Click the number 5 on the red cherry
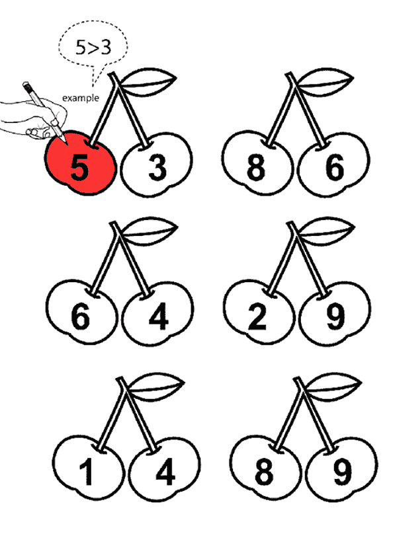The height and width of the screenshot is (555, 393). [x=79, y=167]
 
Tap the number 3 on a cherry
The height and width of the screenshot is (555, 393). [x=157, y=167]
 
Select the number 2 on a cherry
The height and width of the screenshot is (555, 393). [x=257, y=317]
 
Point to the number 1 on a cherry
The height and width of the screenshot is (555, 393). [x=87, y=472]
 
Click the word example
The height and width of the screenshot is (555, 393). [x=81, y=98]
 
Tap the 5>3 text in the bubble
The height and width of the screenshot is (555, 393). [x=93, y=47]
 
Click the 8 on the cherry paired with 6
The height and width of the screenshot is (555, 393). [x=256, y=167]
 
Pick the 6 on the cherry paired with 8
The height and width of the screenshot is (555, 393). [x=335, y=167]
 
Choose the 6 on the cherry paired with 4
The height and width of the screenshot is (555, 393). [x=80, y=317]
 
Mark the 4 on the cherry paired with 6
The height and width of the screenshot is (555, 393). [x=158, y=317]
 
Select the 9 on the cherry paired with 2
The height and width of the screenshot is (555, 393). [x=335, y=317]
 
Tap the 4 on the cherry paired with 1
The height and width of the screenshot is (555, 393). [x=165, y=472]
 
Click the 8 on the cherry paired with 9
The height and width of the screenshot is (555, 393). [x=264, y=472]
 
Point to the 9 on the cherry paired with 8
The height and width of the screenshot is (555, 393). [x=342, y=472]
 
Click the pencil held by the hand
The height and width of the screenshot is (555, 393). [x=44, y=112]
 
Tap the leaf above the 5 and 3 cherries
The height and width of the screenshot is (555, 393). [x=148, y=82]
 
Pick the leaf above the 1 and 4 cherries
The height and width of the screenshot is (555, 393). [x=155, y=387]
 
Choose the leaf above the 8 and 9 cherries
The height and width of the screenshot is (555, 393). [x=332, y=387]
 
